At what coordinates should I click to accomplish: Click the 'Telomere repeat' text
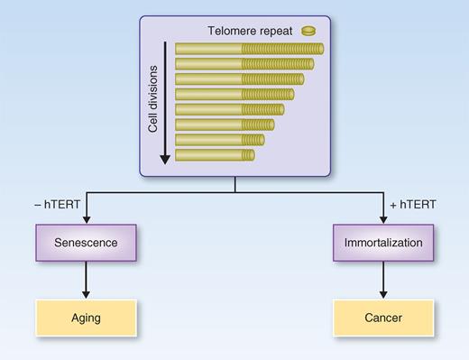(x=257, y=31)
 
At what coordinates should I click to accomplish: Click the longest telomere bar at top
(x=249, y=50)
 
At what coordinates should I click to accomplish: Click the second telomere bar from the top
(x=244, y=64)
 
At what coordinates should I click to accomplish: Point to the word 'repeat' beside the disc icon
(x=281, y=31)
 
